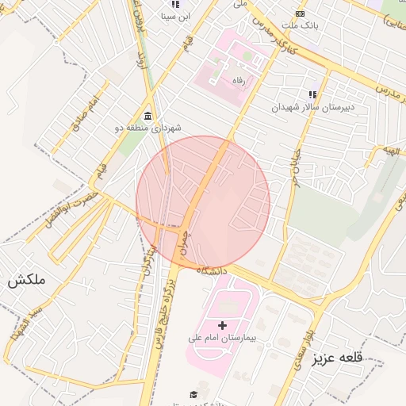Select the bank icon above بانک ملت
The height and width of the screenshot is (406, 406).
300,13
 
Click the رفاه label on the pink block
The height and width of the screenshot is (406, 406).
239,80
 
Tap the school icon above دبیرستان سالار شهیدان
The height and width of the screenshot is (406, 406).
312,94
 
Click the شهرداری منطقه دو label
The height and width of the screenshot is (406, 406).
153,128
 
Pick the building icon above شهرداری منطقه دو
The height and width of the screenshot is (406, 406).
148,116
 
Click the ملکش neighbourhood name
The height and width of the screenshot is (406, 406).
28,280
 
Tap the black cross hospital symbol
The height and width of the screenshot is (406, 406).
222,325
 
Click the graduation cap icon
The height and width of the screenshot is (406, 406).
193,394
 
